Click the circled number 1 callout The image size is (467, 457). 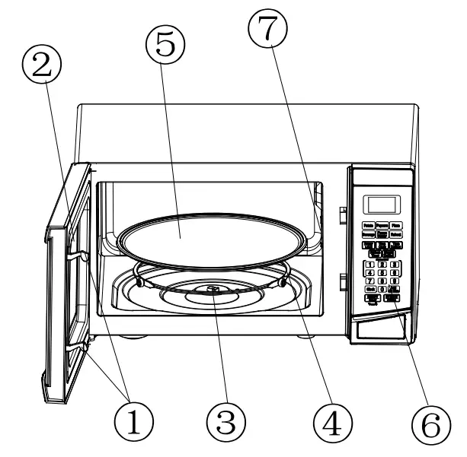pyautogui.click(x=134, y=417)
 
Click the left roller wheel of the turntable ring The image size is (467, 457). pyautogui.click(x=141, y=281)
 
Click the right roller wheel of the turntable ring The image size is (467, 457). pyautogui.click(x=283, y=282)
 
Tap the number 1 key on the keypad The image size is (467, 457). pyautogui.click(x=369, y=265)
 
